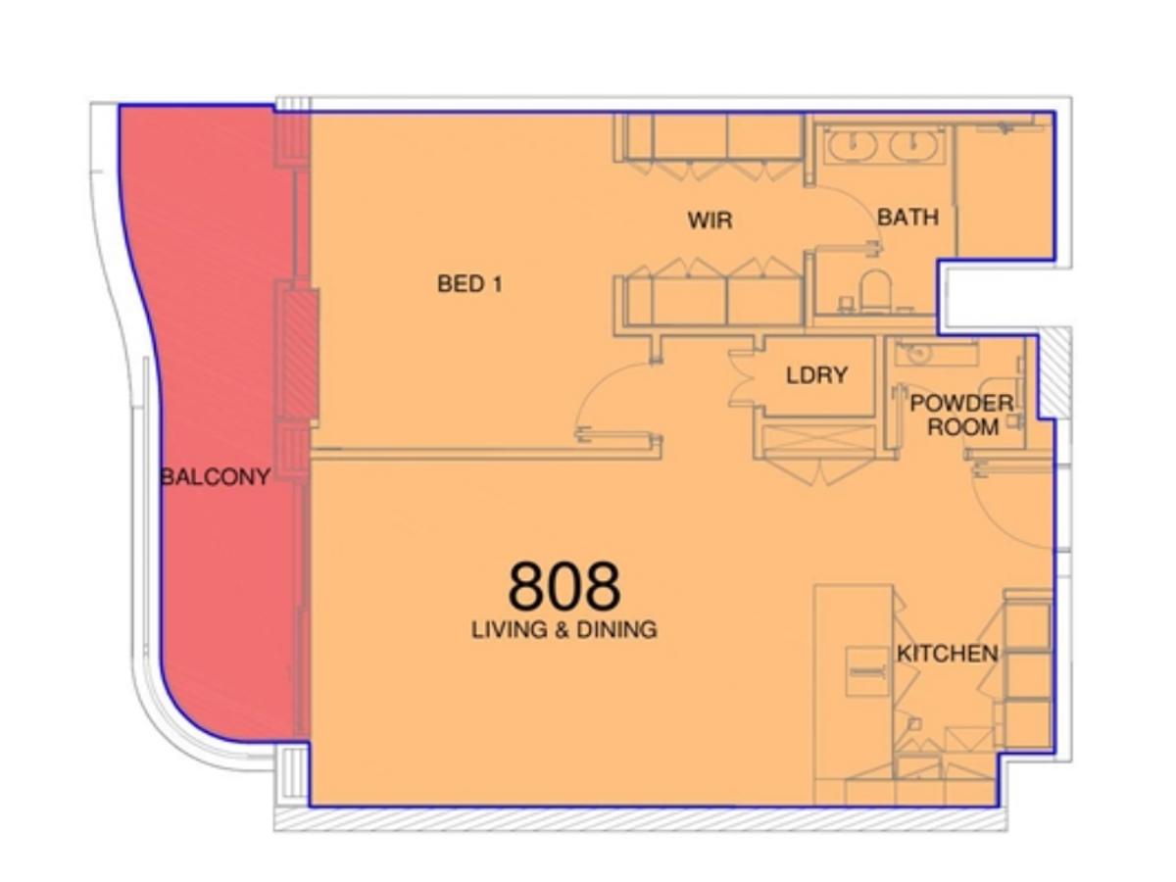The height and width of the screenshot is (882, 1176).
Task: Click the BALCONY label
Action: [215, 477]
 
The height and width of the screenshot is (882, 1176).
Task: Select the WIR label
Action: [710, 220]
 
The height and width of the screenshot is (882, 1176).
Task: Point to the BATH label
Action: [907, 217]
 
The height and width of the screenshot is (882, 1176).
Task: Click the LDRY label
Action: [816, 374]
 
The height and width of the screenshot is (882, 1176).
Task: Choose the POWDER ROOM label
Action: [961, 416]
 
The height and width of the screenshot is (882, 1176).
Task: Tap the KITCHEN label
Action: [948, 654]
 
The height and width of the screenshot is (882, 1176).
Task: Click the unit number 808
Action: [563, 586]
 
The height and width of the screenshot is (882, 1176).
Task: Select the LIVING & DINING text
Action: [563, 629]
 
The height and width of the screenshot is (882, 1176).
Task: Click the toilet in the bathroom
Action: [874, 290]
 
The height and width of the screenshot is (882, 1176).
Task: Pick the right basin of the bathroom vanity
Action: [914, 148]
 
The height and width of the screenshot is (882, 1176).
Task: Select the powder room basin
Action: [920, 353]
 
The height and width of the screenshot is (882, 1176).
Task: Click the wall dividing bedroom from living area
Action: [485, 454]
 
